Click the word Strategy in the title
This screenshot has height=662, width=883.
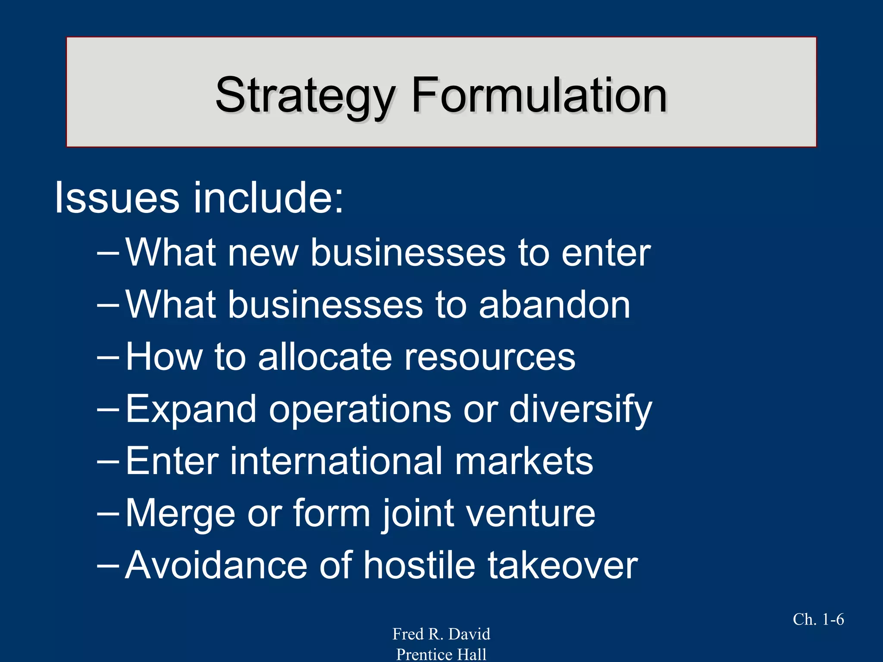coord(304,96)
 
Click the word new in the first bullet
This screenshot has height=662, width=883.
coord(263,253)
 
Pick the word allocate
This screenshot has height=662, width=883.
coord(326,357)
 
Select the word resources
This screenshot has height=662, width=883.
coord(489,357)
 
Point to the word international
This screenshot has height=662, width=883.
coord(337,461)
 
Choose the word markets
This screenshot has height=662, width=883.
coord(524,461)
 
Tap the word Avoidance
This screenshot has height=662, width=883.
coord(216,565)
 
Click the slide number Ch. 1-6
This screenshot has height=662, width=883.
coord(818,619)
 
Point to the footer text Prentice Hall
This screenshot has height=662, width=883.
coord(441,654)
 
